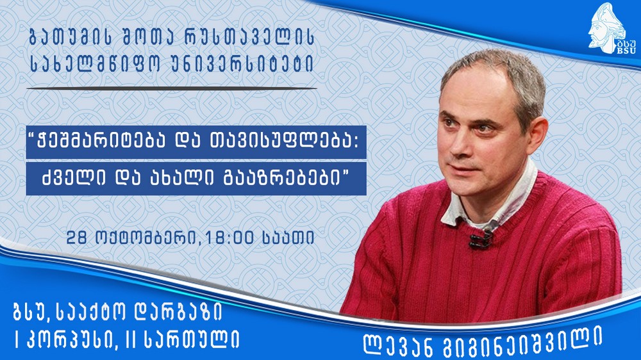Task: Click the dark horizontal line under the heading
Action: pyautogui.click(x=172, y=88)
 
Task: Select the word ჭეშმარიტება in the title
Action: pyautogui.click(x=101, y=142)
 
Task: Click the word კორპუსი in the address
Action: pyautogui.click(x=70, y=340)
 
